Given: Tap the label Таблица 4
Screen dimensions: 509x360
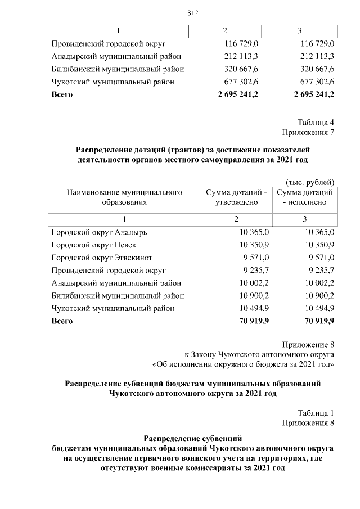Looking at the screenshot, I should click(316, 122).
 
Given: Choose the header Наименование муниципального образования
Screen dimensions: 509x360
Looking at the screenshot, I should click(124, 197).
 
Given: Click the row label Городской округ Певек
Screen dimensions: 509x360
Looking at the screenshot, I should click(93, 245).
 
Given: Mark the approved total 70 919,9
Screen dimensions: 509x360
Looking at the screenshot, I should click(254, 321).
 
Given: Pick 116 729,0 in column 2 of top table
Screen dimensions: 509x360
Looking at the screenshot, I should click(241, 43).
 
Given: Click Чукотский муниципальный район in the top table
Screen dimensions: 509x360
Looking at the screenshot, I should click(112, 82).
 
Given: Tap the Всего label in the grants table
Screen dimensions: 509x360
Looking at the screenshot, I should click(62, 321).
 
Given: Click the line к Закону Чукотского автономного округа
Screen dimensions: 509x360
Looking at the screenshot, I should click(260, 354).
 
